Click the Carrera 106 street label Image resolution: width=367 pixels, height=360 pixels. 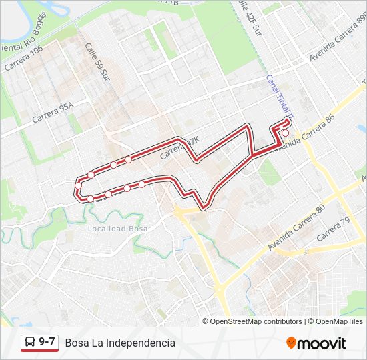[x=23, y=59]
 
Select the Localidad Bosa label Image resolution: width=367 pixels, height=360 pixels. [x=117, y=228]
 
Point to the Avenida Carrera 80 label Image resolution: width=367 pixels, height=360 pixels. [x=296, y=227]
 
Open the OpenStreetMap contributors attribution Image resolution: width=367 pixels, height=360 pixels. [x=256, y=321]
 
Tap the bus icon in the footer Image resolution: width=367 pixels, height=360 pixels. [x=30, y=343]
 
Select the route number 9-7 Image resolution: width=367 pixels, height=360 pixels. [x=47, y=343]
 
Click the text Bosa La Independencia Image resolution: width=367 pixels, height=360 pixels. [x=120, y=343]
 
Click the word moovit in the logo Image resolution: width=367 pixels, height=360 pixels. [x=322, y=343]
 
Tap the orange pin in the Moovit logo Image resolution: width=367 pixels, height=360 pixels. [x=291, y=343]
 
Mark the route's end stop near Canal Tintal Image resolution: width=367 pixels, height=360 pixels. [x=286, y=133]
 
